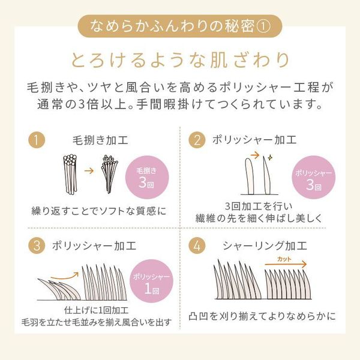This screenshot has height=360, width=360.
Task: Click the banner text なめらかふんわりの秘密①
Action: click(x=180, y=26)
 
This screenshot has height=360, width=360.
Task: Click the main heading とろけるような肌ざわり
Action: click(x=180, y=60)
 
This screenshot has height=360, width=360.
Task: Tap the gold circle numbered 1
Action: click(x=37, y=142)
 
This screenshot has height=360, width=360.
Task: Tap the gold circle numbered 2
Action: click(x=196, y=141)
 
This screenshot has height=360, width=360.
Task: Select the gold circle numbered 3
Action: click(x=37, y=246)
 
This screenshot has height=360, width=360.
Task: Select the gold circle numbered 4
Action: click(x=196, y=246)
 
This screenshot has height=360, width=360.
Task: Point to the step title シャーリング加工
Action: click(x=265, y=246)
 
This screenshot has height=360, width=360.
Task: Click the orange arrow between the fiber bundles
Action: click(x=88, y=172)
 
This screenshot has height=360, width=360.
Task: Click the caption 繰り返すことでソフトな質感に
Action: click(x=98, y=211)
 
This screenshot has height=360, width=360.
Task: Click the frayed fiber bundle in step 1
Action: click(x=109, y=173)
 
